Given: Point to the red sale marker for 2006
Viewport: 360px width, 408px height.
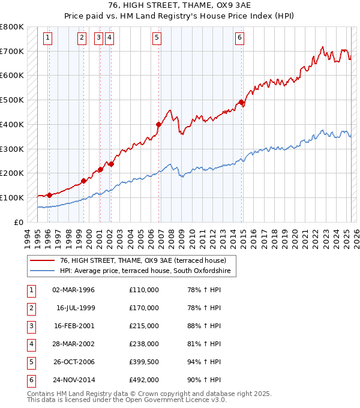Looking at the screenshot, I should coord(159,125).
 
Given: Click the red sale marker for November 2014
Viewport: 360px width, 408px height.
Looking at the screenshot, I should coord(242,102).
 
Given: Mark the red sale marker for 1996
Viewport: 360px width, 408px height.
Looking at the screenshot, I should coord(49,195).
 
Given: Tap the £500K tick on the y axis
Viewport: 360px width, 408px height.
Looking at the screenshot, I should coord(12,100).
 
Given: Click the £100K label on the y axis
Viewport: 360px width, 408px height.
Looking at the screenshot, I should coord(12,197).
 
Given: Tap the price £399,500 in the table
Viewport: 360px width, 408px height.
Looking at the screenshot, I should coord(144,362).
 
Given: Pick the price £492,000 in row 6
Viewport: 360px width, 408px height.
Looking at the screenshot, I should coord(144,380).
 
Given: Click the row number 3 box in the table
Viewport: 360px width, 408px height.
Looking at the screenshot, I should coord(30,326).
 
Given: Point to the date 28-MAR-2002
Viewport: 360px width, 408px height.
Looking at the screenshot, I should coord(74,344).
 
